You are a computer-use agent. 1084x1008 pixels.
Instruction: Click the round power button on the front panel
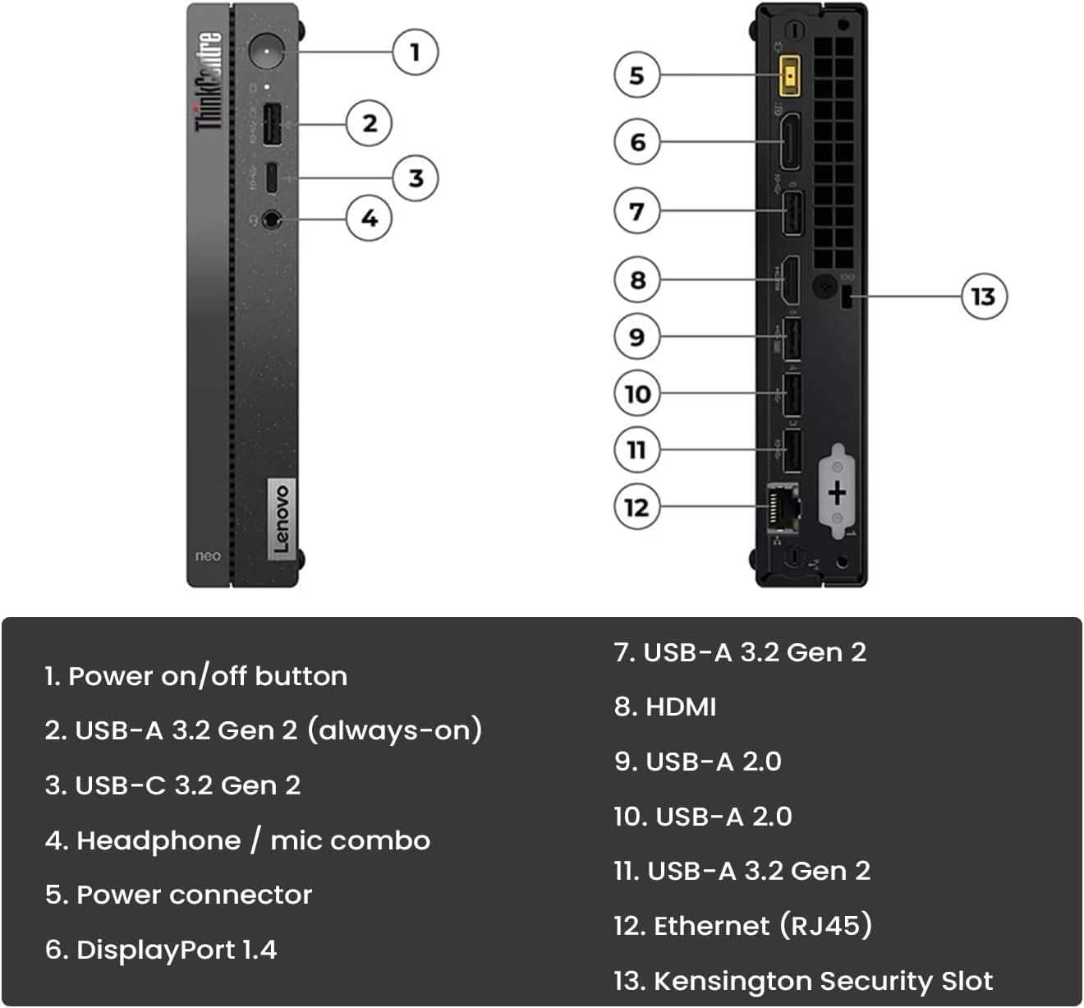coord(266,52)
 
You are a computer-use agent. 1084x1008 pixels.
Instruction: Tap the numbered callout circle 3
coord(416,177)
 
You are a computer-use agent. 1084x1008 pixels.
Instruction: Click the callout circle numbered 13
coord(983,297)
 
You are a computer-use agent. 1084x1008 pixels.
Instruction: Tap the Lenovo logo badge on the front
coord(281,518)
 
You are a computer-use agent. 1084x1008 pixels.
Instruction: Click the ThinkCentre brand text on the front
coord(209,81)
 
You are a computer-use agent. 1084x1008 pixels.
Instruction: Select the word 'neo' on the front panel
coord(208,556)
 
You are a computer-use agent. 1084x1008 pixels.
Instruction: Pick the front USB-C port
coord(271,177)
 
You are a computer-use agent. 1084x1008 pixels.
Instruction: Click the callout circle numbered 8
coord(637,280)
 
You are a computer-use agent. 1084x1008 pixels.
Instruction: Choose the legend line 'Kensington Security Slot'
coord(803,980)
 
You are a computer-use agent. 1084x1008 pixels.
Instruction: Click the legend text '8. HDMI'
coord(665,707)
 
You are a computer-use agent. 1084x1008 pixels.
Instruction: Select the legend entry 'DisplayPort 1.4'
coord(161,950)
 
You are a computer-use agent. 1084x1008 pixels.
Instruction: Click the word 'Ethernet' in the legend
coord(711,926)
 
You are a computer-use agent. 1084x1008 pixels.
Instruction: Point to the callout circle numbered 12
coord(636,507)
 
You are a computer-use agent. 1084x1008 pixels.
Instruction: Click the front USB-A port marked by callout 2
coord(273,124)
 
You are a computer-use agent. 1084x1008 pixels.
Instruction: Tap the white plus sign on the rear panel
coord(837,493)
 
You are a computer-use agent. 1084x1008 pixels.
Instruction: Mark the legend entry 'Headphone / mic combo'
coord(237,840)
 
